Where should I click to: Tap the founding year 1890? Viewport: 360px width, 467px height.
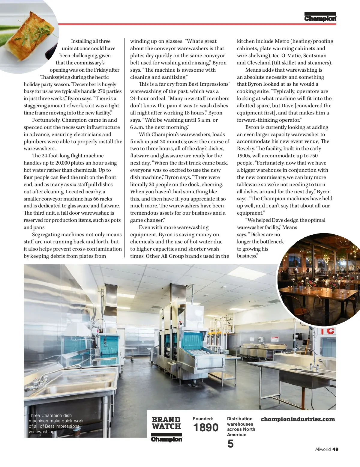click(x=206, y=427)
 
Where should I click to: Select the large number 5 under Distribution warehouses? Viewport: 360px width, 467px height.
click(x=230, y=444)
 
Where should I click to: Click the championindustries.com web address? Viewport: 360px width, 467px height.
click(x=298, y=419)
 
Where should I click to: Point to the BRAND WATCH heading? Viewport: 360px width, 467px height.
click(x=166, y=423)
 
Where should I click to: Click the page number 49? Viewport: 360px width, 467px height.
click(x=335, y=449)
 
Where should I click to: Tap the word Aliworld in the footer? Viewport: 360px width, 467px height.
click(x=323, y=449)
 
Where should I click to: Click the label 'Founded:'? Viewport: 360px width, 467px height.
click(x=203, y=419)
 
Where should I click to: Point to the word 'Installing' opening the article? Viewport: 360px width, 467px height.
click(x=81, y=41)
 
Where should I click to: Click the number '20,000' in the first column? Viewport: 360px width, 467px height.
click(x=63, y=163)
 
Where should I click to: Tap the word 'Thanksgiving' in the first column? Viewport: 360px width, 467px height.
click(x=55, y=77)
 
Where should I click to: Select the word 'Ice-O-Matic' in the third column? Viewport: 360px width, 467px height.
click(x=286, y=56)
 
